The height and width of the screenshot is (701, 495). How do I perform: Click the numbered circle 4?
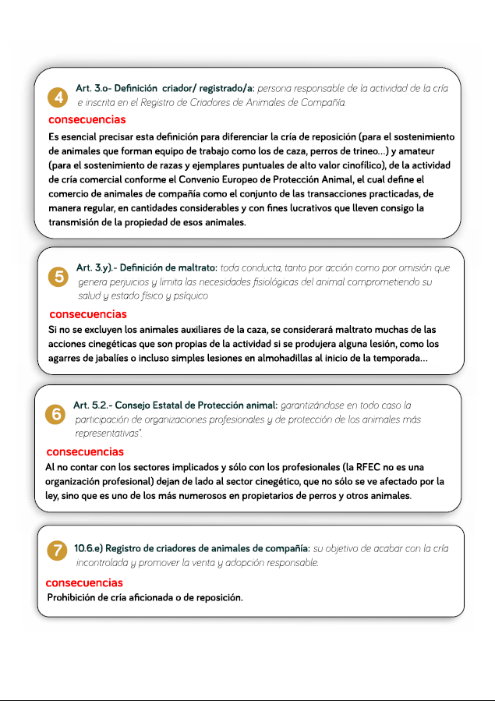57,97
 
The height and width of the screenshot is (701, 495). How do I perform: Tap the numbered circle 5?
58,276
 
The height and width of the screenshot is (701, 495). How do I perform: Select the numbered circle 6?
56,415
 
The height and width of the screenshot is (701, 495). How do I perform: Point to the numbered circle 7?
57,551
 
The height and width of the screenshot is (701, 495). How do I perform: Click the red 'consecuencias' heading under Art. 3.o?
87,120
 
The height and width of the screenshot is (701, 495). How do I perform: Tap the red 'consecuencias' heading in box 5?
87,314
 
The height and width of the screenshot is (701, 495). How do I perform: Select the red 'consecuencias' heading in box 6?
85,451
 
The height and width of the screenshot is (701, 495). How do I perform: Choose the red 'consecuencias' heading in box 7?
84,582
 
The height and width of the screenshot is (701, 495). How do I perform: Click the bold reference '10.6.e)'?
90,549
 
